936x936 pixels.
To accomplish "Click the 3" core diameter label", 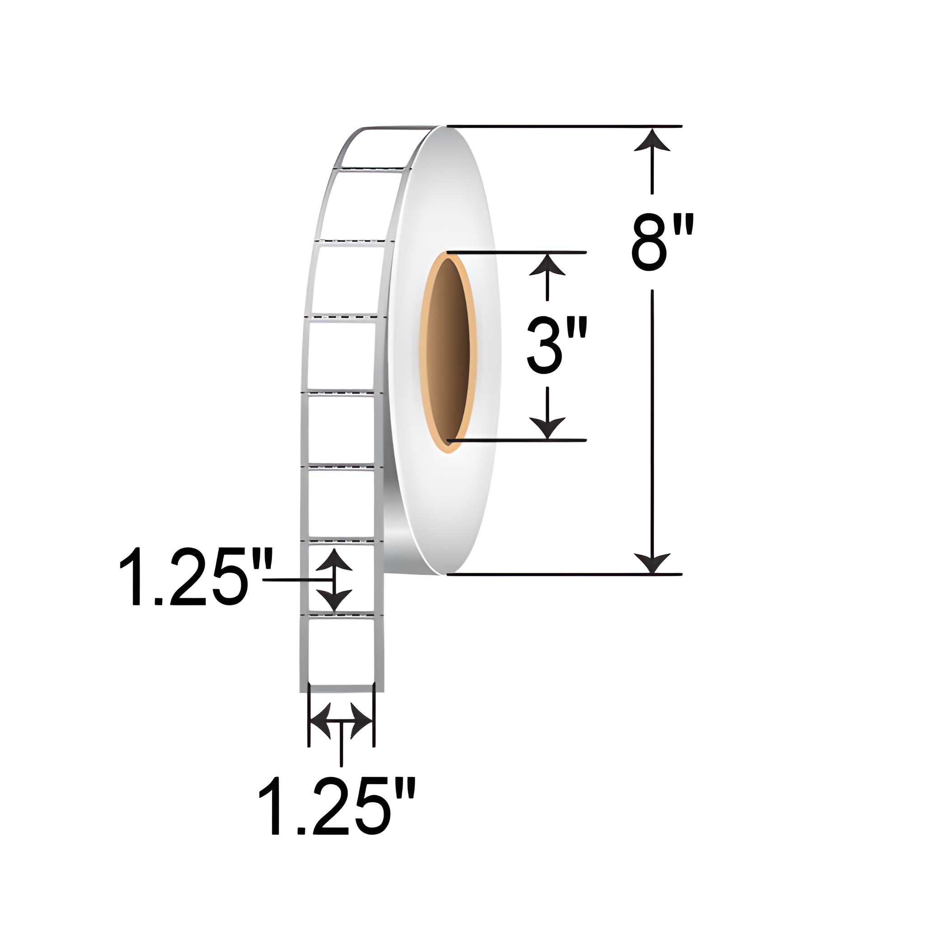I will tap(557, 346).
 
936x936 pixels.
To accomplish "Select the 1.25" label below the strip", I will tap(337, 806).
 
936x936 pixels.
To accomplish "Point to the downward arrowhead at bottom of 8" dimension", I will tap(652, 562).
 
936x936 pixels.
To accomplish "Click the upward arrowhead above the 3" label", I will tap(547, 266).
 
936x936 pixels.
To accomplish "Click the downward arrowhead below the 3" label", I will tap(547, 427).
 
